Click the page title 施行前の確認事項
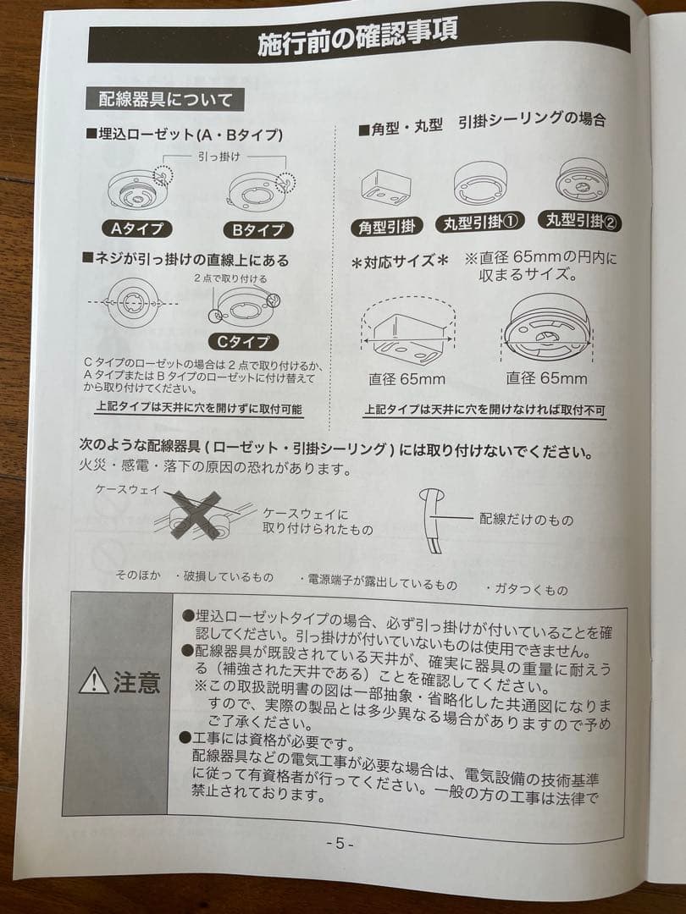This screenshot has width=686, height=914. tap(358, 36)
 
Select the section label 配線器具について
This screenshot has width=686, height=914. tap(165, 100)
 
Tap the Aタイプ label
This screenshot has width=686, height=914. tap(137, 228)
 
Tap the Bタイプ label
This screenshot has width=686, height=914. tap(257, 229)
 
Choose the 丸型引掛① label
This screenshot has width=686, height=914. tap(479, 223)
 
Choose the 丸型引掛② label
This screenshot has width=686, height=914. tap(584, 221)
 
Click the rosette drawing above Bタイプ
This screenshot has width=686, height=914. tap(259, 190)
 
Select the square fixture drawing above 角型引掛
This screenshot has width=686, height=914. tap(385, 186)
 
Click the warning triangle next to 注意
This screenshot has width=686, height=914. tap(93, 681)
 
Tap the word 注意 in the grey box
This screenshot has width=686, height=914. tap(136, 682)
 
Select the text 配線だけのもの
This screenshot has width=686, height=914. tap(526, 519)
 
